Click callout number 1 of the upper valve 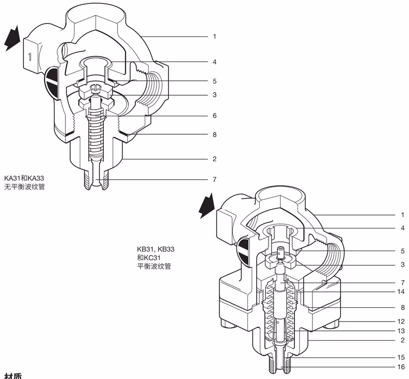pyautogui.click(x=215, y=37)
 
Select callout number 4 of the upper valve pyautogui.click(x=215, y=62)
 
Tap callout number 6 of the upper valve pyautogui.click(x=215, y=116)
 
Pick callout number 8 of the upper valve pyautogui.click(x=215, y=135)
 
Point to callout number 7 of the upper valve pyautogui.click(x=215, y=180)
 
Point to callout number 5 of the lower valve pyautogui.click(x=402, y=251)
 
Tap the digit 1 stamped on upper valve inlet pyautogui.click(x=30, y=57)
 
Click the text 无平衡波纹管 pyautogui.click(x=25, y=187)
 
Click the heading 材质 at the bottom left pyautogui.click(x=12, y=376)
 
